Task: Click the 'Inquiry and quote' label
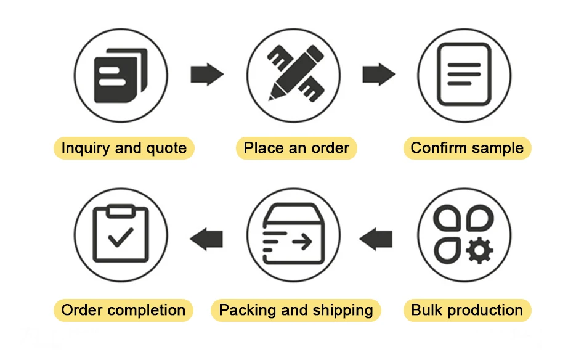pos(124,148)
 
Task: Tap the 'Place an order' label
pos(296,148)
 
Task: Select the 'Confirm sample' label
pos(467,148)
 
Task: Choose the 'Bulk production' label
pos(467,309)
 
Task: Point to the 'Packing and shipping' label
pos(296,309)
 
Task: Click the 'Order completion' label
pos(123,309)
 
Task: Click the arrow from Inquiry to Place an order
pos(206,75)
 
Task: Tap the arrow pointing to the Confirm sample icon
pos(378,75)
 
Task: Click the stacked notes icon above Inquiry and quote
pos(121,75)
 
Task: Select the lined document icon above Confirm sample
pos(464,74)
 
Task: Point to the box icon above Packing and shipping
pos(293,235)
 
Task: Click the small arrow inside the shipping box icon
pos(302,242)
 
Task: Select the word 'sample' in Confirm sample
pos(496,148)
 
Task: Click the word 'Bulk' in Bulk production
pos(426,309)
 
